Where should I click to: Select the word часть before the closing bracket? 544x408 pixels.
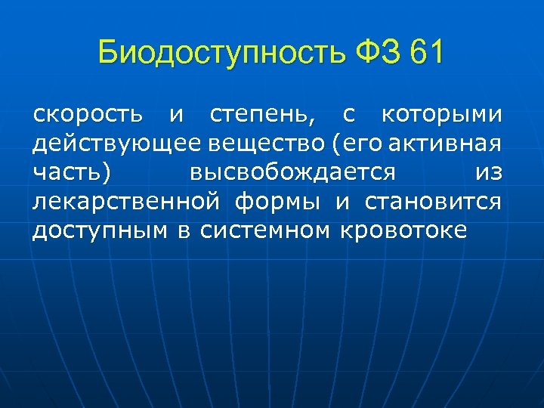point(66,173)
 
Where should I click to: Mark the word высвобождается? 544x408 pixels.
point(292,173)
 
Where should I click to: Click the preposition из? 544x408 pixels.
point(488,173)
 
